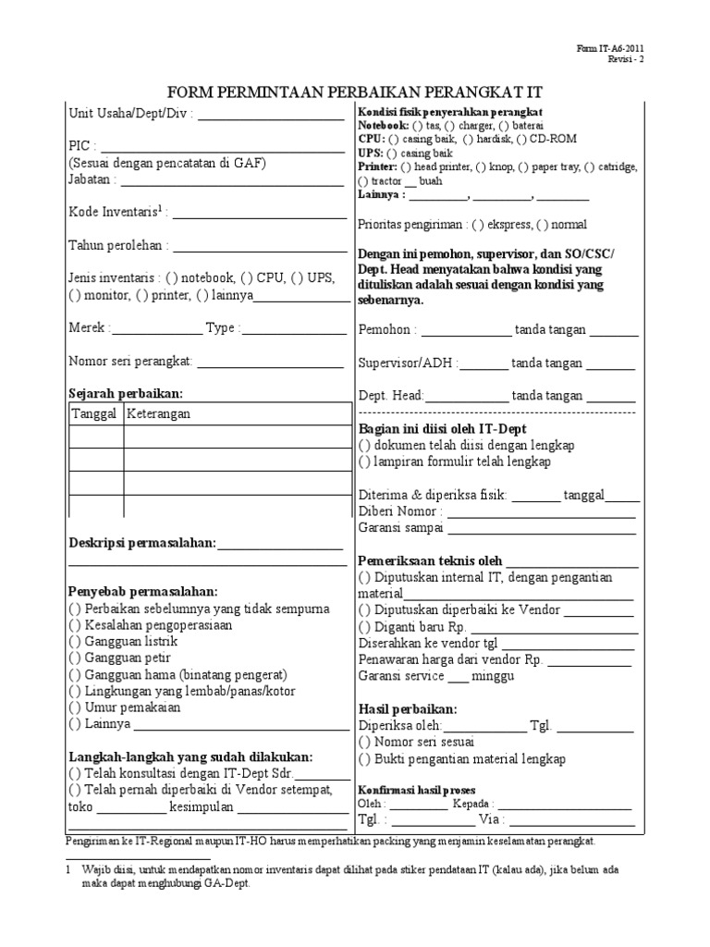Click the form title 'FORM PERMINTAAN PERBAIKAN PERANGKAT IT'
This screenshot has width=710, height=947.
[x=354, y=92]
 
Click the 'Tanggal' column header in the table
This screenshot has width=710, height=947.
[x=94, y=413]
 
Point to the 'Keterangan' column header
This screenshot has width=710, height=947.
[x=158, y=413]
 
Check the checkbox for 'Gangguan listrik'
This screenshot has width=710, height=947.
[x=74, y=641]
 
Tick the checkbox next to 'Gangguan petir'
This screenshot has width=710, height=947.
[x=74, y=658]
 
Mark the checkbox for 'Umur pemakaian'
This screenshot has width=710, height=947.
[x=74, y=707]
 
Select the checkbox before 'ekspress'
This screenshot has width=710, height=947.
[x=478, y=225]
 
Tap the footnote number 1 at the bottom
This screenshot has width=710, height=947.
[x=68, y=871]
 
